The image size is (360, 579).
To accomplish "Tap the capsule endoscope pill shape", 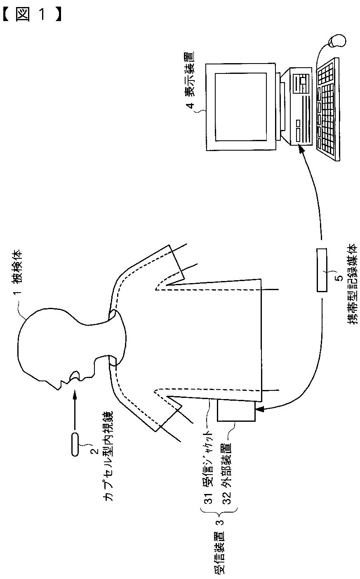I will (75, 444).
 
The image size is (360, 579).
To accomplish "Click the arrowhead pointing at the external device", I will (260, 410).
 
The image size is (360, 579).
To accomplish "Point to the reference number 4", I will (190, 105).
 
